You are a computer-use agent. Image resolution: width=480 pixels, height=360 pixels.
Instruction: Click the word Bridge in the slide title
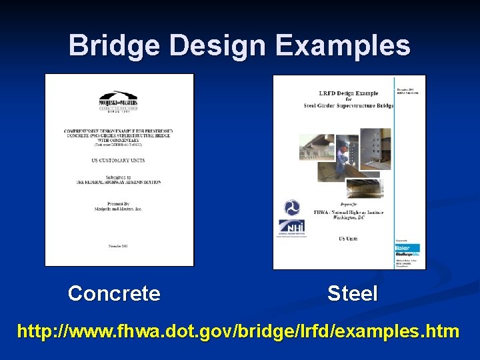[114, 46]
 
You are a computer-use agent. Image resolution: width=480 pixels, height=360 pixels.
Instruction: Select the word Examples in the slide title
[355, 46]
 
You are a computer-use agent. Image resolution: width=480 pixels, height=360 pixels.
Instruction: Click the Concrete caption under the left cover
[114, 293]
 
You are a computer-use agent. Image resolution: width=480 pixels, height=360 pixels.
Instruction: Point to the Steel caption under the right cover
[352, 293]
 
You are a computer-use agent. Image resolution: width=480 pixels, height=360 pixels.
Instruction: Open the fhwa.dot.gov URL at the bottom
[238, 331]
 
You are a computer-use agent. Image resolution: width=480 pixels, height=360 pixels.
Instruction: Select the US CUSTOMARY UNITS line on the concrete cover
[119, 160]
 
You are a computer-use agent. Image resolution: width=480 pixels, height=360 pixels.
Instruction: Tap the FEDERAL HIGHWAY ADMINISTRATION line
[119, 182]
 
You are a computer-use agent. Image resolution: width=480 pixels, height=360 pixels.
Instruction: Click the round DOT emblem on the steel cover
[291, 207]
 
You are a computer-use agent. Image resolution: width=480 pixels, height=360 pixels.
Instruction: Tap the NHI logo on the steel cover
[291, 227]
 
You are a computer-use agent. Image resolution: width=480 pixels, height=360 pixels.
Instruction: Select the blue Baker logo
[405, 248]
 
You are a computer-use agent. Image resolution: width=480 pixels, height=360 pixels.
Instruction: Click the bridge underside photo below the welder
[365, 188]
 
